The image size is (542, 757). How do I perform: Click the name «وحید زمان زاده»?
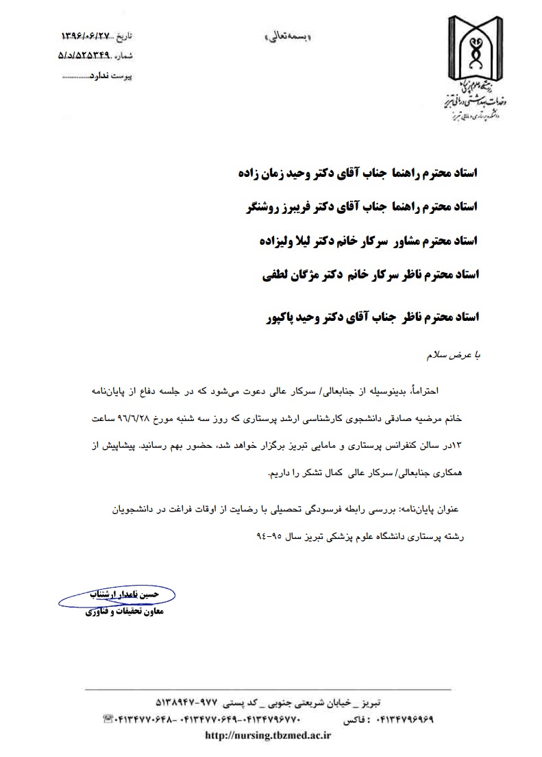click(x=270, y=172)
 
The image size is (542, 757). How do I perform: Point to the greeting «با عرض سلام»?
click(x=457, y=355)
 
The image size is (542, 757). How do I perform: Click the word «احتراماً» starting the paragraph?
click(x=449, y=390)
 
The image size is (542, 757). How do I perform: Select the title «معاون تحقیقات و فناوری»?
click(x=119, y=611)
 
